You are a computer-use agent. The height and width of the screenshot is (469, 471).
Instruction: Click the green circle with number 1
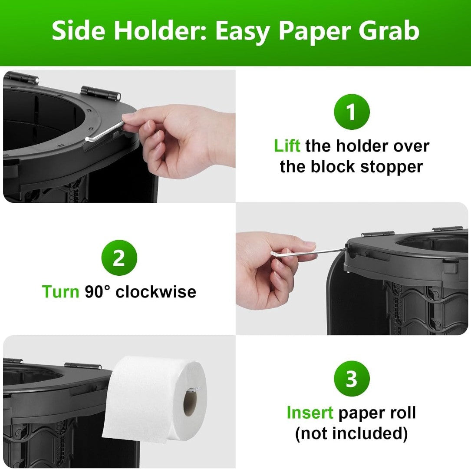pyautogui.click(x=352, y=112)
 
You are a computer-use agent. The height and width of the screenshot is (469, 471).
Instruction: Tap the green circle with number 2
pyautogui.click(x=119, y=258)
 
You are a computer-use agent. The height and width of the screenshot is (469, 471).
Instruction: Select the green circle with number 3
pyautogui.click(x=352, y=379)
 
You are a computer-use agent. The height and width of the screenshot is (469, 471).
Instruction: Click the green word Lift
pyautogui.click(x=287, y=146)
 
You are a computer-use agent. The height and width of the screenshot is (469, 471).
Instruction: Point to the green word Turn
pyautogui.click(x=60, y=291)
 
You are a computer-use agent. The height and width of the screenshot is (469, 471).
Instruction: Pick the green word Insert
pyautogui.click(x=310, y=413)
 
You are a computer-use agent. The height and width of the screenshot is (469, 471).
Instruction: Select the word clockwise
pyautogui.click(x=156, y=291)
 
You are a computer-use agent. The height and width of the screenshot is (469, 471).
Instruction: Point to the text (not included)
pyautogui.click(x=351, y=433)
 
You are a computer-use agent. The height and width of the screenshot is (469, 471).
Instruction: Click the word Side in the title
pyautogui.click(x=79, y=31)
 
